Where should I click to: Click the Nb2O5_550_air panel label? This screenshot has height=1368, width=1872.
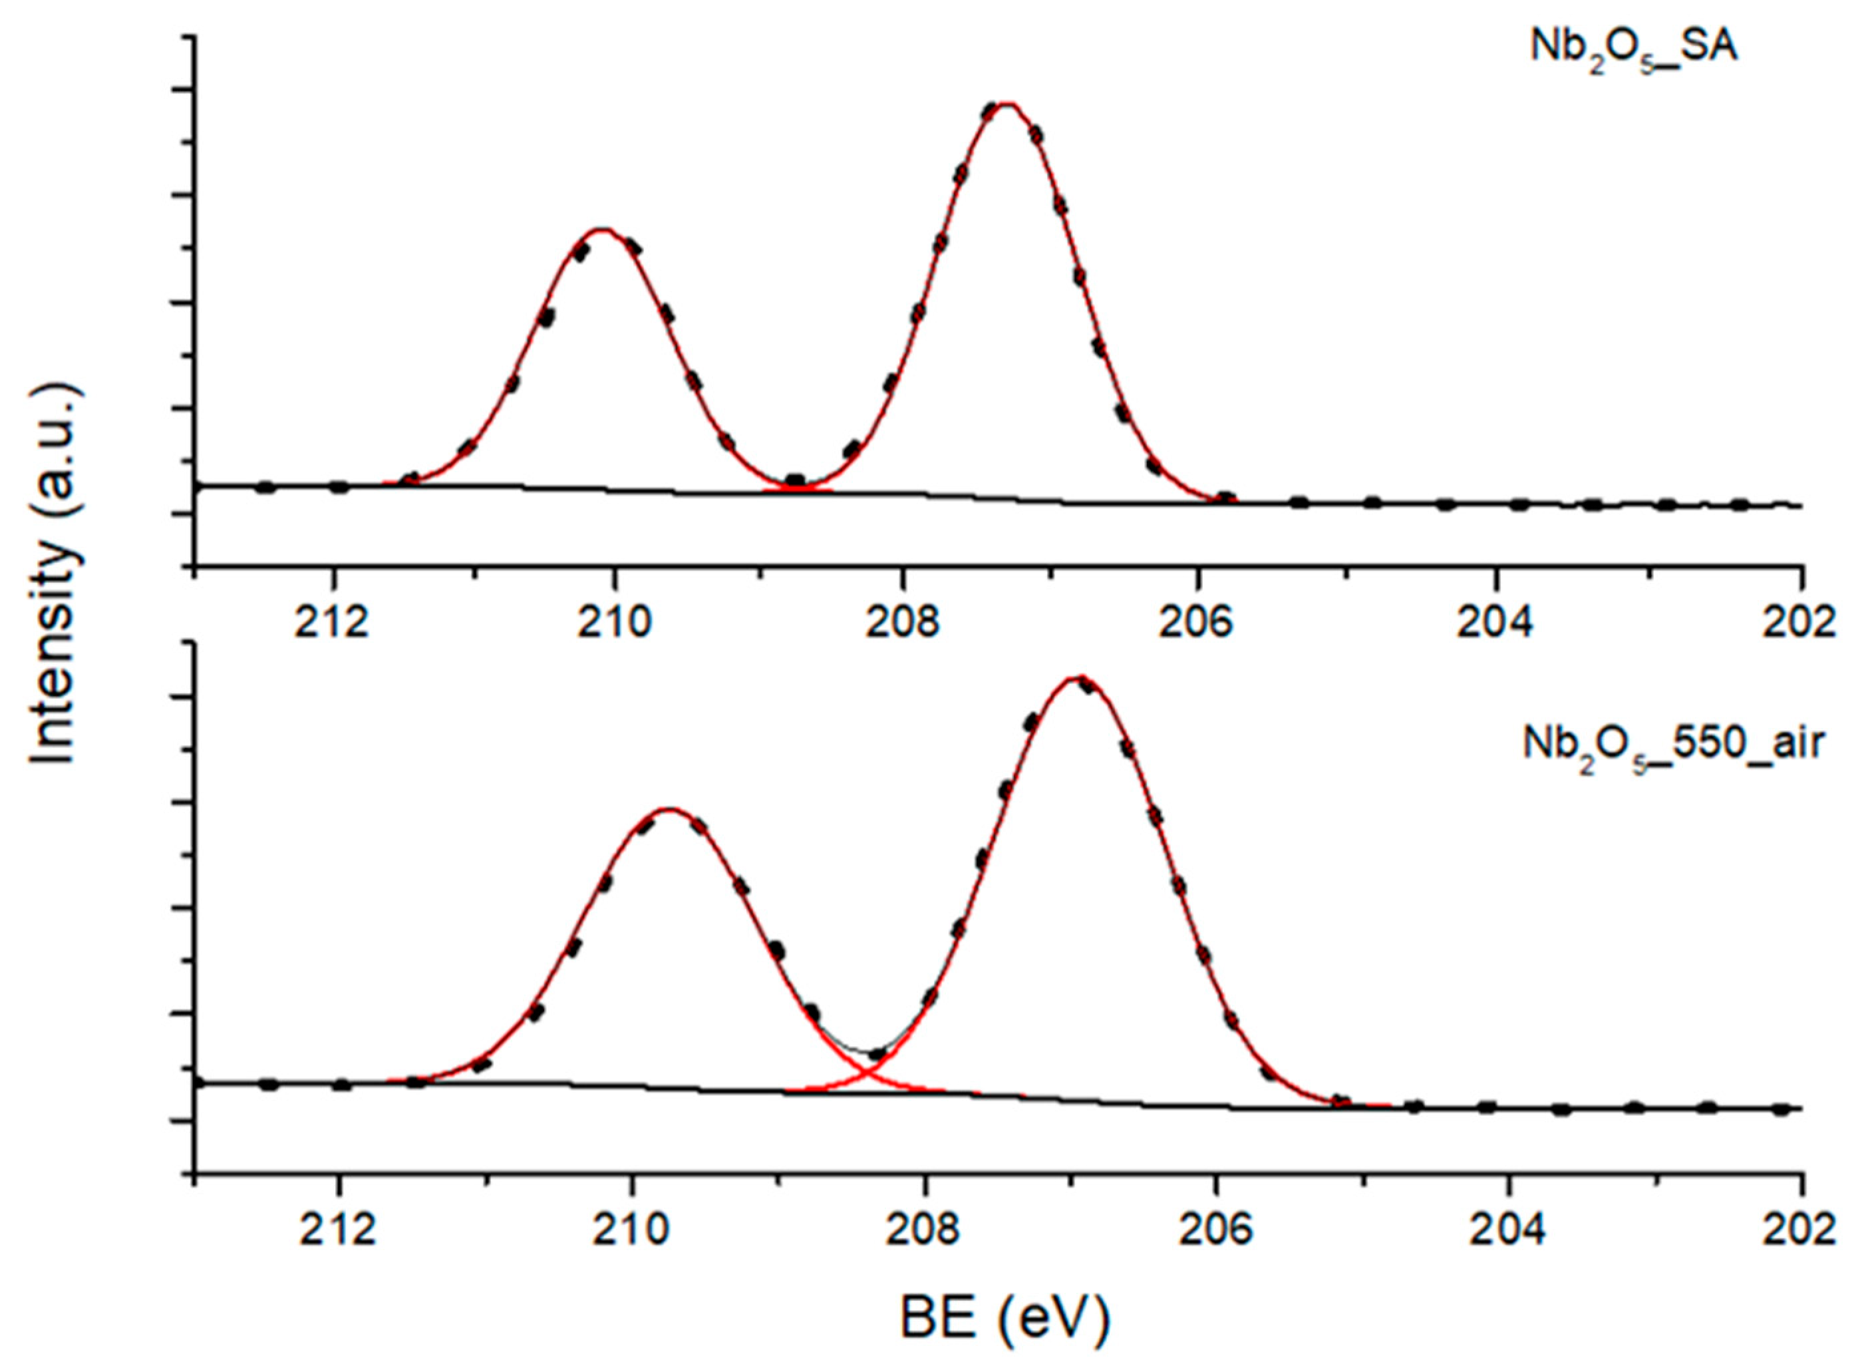tap(1672, 745)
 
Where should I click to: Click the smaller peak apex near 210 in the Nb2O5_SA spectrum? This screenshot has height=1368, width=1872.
tap(603, 230)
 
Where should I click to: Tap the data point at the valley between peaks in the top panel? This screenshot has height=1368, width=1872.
tap(795, 480)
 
